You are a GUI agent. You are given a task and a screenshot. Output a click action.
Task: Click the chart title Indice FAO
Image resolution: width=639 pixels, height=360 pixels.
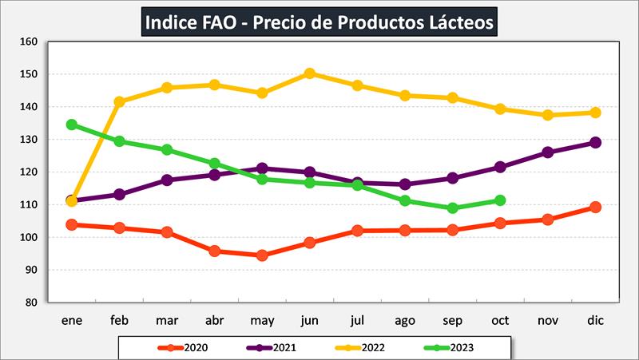pos(319,21)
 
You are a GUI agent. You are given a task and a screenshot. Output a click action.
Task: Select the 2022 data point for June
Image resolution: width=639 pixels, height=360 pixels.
pos(309,73)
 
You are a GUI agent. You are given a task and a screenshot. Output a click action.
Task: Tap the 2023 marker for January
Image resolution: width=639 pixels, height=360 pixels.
pos(72,125)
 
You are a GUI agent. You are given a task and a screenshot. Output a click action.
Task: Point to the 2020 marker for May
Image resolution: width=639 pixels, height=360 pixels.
pos(262,255)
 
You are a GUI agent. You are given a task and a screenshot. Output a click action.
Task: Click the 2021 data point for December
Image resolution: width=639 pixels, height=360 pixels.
pos(595,143)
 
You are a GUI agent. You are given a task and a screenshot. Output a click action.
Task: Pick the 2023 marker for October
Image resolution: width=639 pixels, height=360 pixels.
pos(500,200)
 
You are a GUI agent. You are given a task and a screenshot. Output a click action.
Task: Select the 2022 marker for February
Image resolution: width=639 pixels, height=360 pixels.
pos(120,102)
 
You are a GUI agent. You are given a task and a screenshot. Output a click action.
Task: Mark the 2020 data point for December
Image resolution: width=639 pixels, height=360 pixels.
pos(595,207)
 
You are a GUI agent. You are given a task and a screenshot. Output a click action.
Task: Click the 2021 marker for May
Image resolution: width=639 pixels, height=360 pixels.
pos(262,168)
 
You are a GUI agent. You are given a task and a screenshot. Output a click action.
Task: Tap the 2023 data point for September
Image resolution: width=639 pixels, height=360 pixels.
pos(453,208)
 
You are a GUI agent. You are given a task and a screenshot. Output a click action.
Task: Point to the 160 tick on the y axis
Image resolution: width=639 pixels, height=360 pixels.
pos(30,42)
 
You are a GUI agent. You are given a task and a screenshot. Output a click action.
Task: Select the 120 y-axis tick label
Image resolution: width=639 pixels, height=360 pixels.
pos(30,172)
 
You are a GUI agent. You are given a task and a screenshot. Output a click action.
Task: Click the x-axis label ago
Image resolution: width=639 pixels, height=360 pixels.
pos(405,321)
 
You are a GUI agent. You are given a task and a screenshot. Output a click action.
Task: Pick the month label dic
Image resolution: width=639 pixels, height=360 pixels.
pos(595,321)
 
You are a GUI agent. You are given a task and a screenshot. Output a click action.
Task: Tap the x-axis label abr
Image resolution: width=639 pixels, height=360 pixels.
pos(214,321)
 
